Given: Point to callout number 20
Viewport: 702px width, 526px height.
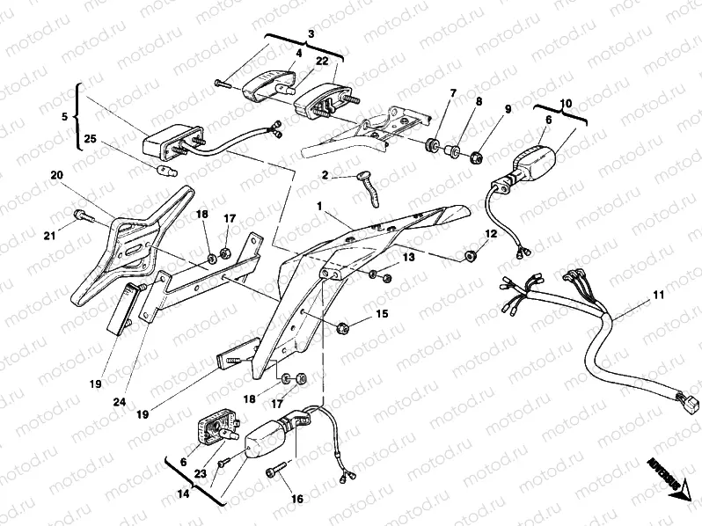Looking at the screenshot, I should click(x=57, y=175).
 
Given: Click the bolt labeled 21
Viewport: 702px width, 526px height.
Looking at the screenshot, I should click(x=81, y=214).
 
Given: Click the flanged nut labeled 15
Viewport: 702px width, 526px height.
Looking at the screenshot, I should click(x=342, y=328).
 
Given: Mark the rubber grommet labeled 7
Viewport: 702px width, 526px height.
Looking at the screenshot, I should click(x=433, y=144).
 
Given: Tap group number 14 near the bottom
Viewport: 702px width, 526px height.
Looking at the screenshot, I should click(x=182, y=494).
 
